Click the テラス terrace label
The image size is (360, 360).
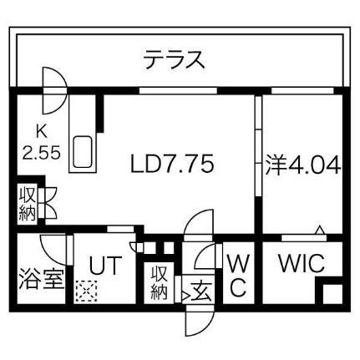pyautogui.click(x=175, y=59)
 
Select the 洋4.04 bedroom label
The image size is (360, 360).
pyautogui.click(x=302, y=165)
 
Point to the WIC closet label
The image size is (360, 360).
pyautogui.click(x=302, y=263)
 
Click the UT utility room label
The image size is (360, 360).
pyautogui.click(x=105, y=266)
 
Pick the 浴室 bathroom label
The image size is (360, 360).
pyautogui.click(x=42, y=279)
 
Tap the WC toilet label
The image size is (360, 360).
pyautogui.click(x=238, y=276)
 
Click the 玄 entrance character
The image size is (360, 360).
pyautogui.click(x=201, y=292)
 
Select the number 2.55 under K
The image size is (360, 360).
pyautogui.click(x=42, y=153)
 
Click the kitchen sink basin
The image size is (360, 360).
pyautogui.click(x=83, y=152)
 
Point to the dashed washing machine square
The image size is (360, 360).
pyautogui.click(x=87, y=291)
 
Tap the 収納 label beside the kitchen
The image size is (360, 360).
pyautogui.click(x=27, y=203)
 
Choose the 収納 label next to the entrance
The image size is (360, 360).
pyautogui.click(x=160, y=282)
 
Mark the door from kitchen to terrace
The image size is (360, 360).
pyautogui.click(x=54, y=91)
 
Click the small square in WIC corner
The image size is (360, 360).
pyautogui.click(x=332, y=294)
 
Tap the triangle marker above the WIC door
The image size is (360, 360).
pyautogui.click(x=320, y=229)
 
